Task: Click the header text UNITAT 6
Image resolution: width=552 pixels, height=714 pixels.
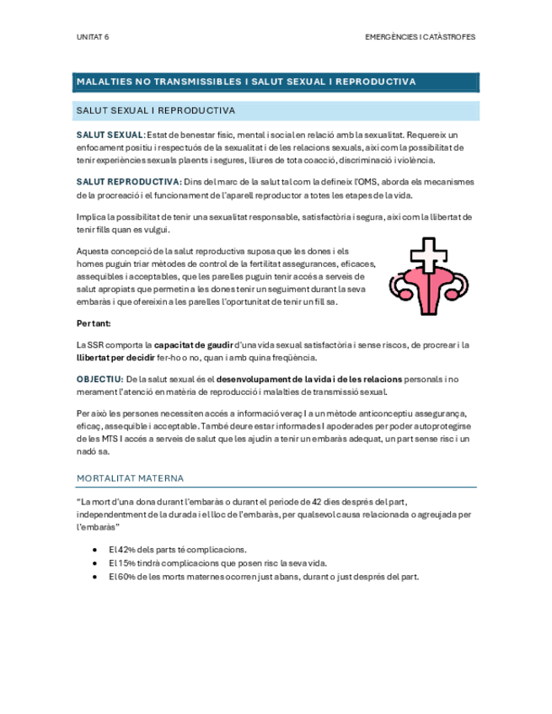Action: coord(92,38)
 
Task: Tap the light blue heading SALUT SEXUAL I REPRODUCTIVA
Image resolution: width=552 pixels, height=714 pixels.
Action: coord(155,110)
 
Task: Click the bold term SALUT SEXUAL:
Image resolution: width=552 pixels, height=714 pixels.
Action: coord(110,135)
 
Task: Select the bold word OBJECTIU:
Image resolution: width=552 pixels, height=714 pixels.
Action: coord(99,379)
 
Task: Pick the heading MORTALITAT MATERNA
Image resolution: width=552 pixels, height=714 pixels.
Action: coord(130,478)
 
